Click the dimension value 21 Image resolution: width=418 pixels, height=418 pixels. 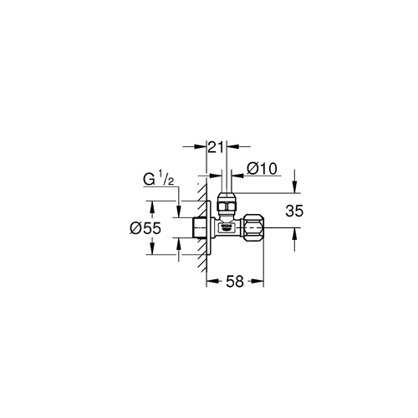point(216,148)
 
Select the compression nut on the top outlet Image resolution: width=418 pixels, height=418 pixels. point(226,204)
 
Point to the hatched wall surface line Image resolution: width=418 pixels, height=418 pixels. point(201,226)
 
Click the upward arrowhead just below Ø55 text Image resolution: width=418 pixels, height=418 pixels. point(151,242)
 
